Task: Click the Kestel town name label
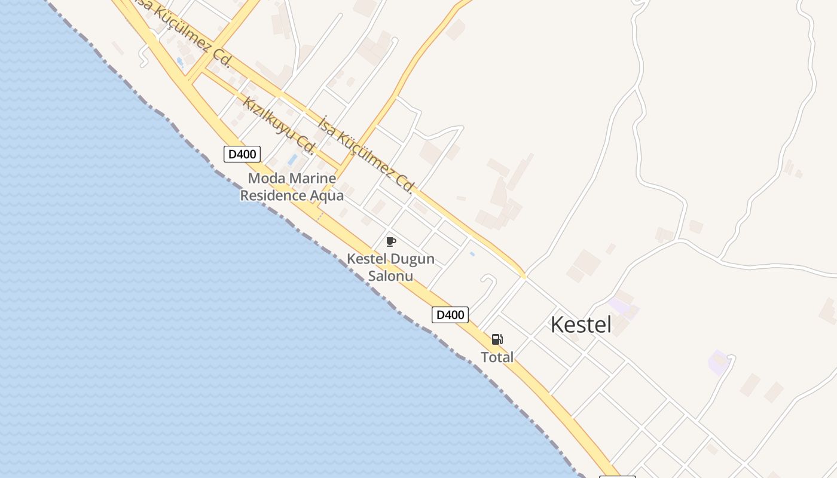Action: (581, 325)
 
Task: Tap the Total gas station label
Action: (497, 357)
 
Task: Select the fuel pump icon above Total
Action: (497, 340)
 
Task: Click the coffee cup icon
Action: (391, 241)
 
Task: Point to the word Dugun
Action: (412, 260)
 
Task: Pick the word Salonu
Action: (390, 277)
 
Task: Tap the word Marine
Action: (312, 178)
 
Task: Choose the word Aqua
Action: (327, 195)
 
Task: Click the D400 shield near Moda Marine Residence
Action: (242, 154)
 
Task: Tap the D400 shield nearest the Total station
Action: (450, 315)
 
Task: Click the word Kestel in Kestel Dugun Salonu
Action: (366, 260)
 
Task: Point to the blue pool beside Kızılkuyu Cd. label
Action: (292, 160)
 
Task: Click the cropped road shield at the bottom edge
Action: (617, 476)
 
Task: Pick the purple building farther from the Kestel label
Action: (718, 363)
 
